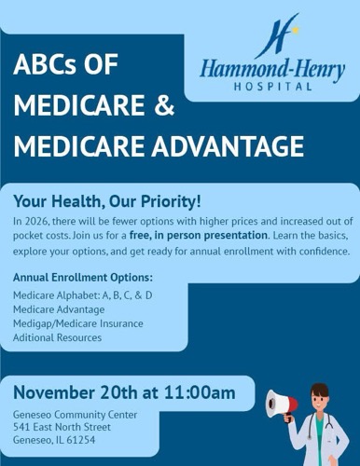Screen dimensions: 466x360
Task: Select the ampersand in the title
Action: (163, 105)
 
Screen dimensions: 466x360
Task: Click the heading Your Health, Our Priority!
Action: (106, 201)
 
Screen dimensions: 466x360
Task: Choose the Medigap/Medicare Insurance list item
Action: (78, 322)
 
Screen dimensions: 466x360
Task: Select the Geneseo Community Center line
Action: (75, 414)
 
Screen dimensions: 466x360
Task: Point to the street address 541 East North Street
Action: (62, 427)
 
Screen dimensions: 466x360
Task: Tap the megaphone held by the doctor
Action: (282, 404)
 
